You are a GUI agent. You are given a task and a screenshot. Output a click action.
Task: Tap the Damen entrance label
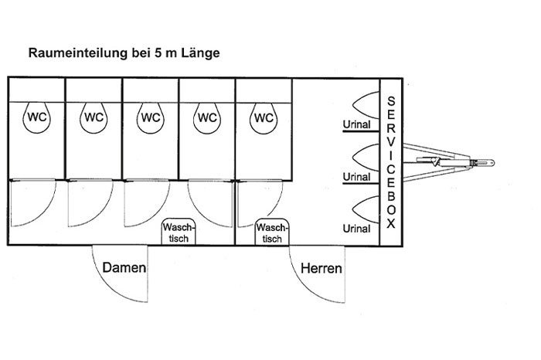click(124, 268)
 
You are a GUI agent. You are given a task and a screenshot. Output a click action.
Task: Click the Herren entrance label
click(322, 268)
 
